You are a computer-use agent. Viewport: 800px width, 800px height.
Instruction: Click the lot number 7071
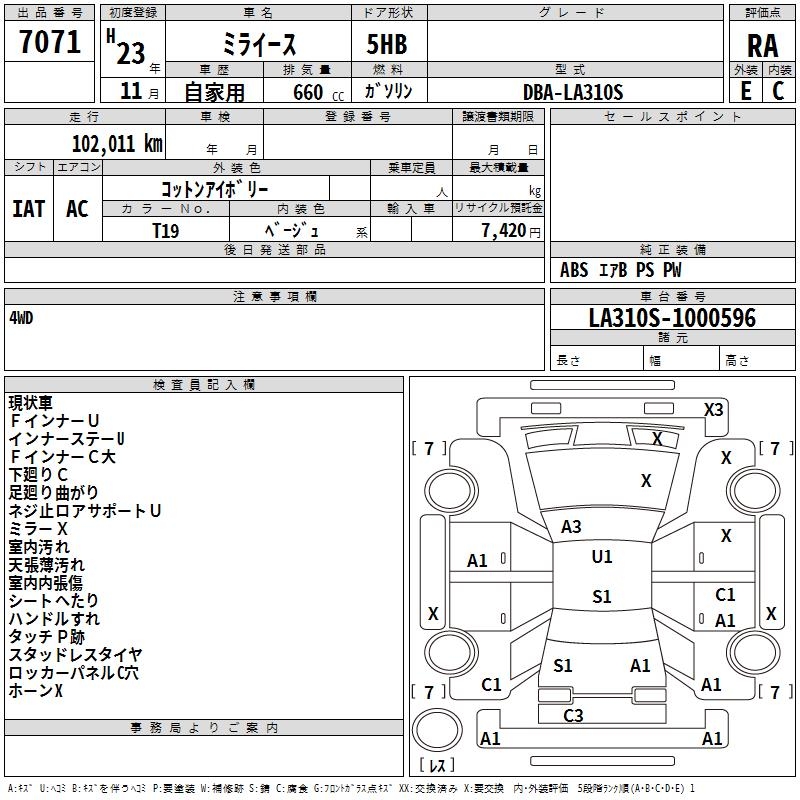(50, 41)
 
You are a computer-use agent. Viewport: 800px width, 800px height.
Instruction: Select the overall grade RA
(762, 46)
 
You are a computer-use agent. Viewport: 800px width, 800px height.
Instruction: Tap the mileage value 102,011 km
(117, 144)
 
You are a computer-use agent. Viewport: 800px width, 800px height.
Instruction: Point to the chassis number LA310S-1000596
(672, 318)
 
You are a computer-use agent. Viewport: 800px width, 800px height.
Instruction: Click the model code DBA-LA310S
(573, 92)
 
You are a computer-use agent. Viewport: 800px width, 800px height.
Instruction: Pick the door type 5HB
(387, 44)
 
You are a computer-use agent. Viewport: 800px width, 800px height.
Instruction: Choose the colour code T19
(166, 231)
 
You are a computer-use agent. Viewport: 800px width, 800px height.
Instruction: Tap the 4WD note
(21, 318)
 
